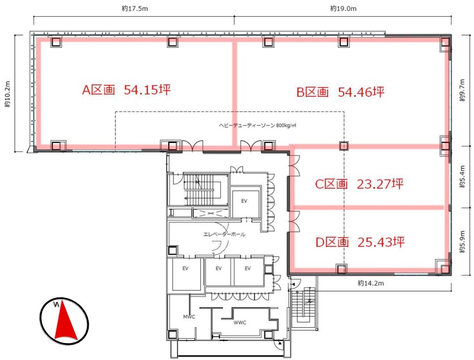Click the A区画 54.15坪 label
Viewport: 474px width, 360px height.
(126, 90)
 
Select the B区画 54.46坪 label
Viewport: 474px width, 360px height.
(340, 92)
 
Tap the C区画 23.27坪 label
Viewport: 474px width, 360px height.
(359, 184)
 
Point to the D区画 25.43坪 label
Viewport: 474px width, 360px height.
(360, 242)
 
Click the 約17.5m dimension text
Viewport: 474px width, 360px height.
(135, 9)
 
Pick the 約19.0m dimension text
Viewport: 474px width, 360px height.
(343, 9)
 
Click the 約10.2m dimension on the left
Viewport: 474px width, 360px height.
(8, 94)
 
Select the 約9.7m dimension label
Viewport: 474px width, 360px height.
(462, 90)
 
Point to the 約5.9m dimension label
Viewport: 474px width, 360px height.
(462, 241)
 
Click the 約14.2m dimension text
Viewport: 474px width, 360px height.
(371, 283)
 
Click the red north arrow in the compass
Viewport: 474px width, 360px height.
(65, 320)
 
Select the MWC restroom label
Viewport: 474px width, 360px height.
(189, 317)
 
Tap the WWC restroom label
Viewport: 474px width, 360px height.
(239, 322)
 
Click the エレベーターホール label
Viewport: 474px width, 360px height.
(224, 234)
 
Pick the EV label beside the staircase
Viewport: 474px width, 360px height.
(244, 201)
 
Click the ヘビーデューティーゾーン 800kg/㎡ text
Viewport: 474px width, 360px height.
(257, 125)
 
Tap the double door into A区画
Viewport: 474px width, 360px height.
(192, 145)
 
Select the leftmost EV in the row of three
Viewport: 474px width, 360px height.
(186, 268)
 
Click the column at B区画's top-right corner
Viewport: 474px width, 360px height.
(445, 42)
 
